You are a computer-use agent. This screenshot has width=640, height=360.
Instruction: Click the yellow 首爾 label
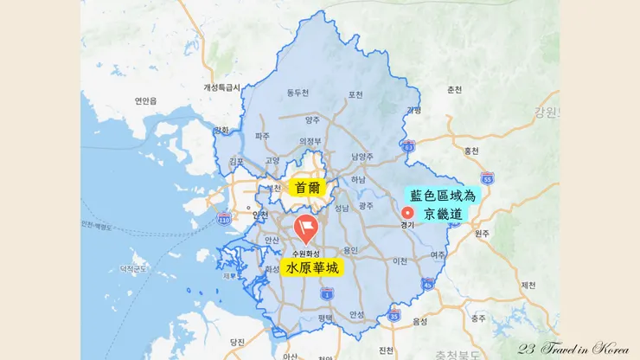306,187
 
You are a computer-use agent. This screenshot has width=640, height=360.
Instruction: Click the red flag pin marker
305,228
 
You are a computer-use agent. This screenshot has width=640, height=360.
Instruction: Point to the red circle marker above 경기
408,212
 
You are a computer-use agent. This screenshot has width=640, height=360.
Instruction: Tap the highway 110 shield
224,217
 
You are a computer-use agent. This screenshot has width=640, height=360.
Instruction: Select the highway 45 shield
428,283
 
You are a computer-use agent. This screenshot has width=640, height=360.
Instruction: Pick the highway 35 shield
394,317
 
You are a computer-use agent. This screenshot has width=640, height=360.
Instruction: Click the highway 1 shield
326,294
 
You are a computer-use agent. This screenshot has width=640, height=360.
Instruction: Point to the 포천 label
355,93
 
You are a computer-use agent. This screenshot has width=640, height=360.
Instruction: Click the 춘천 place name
454,90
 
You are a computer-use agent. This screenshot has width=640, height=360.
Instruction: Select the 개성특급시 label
221,87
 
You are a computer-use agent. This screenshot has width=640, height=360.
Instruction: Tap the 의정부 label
310,140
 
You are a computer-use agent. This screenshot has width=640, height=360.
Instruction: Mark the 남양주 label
362,157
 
